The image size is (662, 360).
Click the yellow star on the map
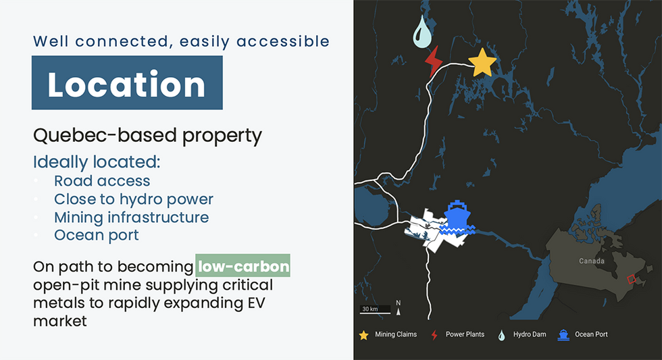pyautogui.click(x=482, y=62)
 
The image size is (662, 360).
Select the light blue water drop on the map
pyautogui.click(x=422, y=33)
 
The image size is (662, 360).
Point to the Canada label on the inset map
pyautogui.click(x=592, y=261)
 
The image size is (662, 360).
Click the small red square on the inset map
pyautogui.click(x=632, y=279)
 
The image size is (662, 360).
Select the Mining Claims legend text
pyautogui.click(x=396, y=334)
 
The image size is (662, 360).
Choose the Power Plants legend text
pyautogui.click(x=465, y=334)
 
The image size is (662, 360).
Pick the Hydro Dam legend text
pyautogui.click(x=530, y=334)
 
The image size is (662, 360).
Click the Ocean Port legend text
pyautogui.click(x=591, y=334)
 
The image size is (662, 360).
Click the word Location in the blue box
pyautogui.click(x=126, y=84)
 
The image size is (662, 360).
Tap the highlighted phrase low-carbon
pyautogui.click(x=243, y=266)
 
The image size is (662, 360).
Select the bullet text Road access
pyautogui.click(x=102, y=180)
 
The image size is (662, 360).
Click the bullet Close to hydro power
pyautogui.click(x=134, y=199)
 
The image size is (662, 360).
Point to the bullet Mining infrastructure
pyautogui.click(x=131, y=217)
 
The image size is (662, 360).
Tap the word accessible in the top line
pyautogui.click(x=283, y=41)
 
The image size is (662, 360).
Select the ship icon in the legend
pyautogui.click(x=563, y=335)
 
